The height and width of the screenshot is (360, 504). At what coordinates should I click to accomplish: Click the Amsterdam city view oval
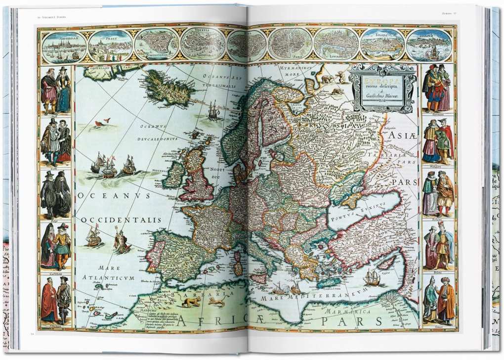(x=61, y=45)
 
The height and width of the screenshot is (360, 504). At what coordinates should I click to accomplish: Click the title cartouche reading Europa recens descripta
(x=382, y=88)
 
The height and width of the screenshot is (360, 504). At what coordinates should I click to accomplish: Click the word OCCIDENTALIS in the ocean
(x=115, y=219)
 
